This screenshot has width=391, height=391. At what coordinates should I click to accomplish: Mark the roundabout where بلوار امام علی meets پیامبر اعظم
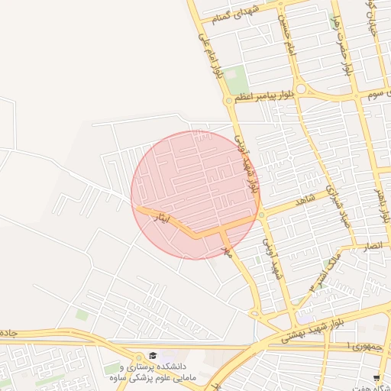tap(228, 100)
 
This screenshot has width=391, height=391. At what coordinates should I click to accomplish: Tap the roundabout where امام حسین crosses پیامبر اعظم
tap(302, 89)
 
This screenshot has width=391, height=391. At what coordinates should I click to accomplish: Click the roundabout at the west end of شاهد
tap(261, 215)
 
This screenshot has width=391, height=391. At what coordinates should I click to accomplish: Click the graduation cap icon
tap(153, 356)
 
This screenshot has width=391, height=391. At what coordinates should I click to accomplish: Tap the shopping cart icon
tap(376, 378)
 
